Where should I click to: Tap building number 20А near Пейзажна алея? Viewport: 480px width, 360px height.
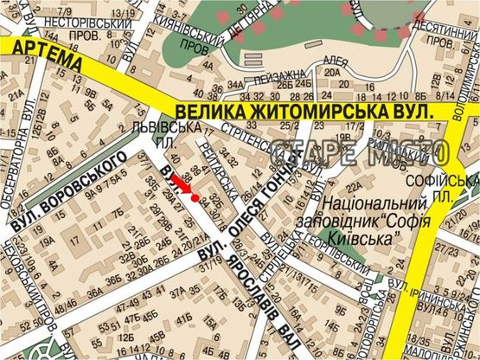(x=332, y=73)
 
